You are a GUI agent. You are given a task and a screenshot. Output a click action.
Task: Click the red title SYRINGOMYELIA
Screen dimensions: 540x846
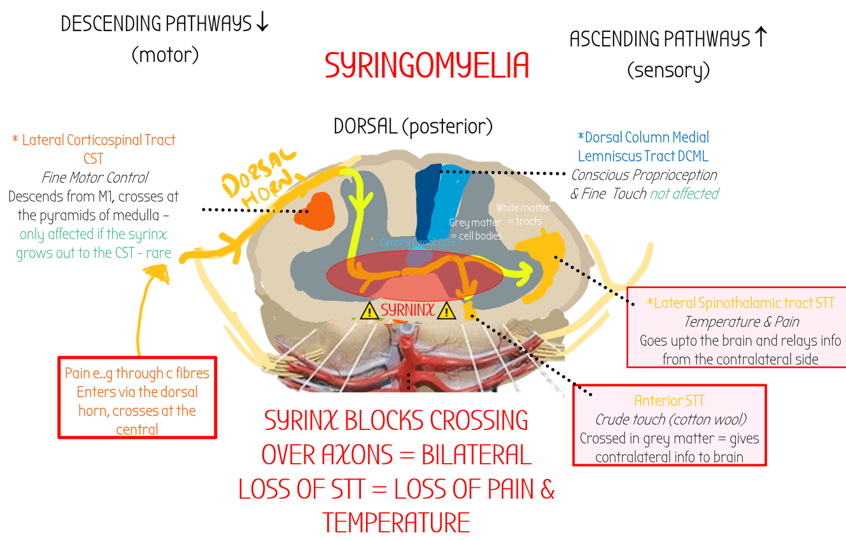427,66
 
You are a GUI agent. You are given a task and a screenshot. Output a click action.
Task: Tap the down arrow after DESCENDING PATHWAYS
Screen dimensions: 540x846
262,23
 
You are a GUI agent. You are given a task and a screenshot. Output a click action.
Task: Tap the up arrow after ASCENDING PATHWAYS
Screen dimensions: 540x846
760,38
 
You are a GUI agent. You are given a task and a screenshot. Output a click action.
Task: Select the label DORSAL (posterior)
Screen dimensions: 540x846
412,126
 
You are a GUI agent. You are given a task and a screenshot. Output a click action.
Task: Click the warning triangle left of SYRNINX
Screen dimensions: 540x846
369,311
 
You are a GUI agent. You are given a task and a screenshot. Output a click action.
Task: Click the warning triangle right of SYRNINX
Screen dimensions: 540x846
447,311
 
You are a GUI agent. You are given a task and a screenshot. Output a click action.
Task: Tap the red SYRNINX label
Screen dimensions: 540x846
407,310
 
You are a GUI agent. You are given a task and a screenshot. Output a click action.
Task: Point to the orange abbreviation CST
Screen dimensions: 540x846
93,158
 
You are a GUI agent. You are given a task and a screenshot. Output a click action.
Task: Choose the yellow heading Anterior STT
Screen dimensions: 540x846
669,401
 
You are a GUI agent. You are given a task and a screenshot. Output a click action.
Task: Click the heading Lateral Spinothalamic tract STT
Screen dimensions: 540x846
740,303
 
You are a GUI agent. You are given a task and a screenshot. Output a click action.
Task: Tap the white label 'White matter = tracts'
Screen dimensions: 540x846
523,214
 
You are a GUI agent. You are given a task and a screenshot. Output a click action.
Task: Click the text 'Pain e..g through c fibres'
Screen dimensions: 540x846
137,373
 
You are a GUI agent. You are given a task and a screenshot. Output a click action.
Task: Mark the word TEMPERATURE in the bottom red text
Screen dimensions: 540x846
396,522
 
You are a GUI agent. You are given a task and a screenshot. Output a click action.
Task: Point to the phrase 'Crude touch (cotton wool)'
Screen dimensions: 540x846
669,420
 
